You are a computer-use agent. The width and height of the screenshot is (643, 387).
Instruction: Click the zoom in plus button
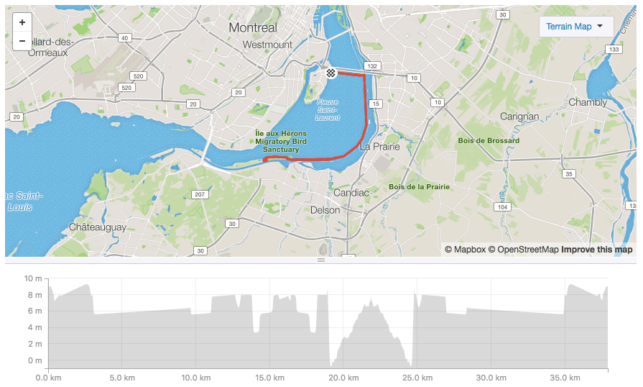(x=22, y=22)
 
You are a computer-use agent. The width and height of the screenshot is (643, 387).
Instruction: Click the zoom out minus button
(x=22, y=41)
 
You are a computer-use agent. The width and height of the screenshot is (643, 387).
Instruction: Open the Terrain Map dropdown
(x=575, y=27)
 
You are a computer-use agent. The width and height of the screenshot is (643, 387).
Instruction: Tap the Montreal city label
(x=252, y=27)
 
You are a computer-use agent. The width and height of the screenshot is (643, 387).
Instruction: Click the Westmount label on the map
(x=267, y=45)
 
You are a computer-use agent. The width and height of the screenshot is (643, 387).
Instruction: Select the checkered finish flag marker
(x=330, y=73)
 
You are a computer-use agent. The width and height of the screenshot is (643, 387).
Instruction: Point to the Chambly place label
(x=588, y=102)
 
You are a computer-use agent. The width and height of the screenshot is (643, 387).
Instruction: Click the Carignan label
(x=519, y=116)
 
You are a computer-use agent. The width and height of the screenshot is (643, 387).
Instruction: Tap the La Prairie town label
(x=379, y=146)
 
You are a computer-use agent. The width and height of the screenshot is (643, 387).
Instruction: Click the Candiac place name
(x=351, y=193)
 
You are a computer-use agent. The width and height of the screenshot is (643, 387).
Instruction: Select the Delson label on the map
(x=325, y=210)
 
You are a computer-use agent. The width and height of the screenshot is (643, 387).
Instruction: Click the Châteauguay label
(x=98, y=227)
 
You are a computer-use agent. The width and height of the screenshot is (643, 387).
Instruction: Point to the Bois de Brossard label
(x=489, y=140)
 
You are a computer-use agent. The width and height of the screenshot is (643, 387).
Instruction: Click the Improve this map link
(x=596, y=250)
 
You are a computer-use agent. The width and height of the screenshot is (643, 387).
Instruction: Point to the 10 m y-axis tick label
(x=33, y=278)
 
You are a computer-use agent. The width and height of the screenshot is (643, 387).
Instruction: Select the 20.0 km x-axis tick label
(x=343, y=378)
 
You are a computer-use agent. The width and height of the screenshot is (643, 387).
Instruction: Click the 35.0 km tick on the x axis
(x=565, y=378)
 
